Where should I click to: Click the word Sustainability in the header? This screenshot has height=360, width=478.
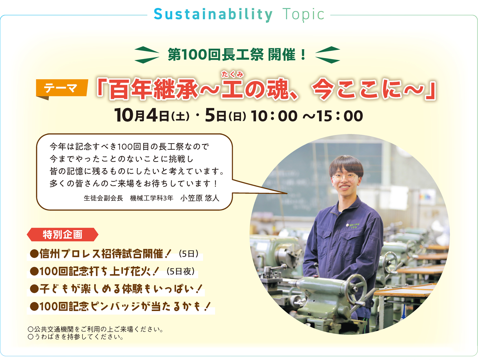tap(213, 14)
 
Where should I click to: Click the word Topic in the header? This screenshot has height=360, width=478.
tap(303, 14)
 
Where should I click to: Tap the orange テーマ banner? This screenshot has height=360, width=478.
tap(62, 89)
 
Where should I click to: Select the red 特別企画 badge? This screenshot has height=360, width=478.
tap(62, 234)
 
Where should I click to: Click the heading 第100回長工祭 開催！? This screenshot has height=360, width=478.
tap(237, 55)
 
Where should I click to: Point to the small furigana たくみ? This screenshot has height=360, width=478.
tap(232, 74)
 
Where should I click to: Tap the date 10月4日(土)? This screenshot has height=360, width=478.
tap(152, 116)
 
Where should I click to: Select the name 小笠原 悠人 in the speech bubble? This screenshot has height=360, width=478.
tap(200, 198)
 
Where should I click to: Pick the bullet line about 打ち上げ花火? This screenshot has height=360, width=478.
tap(112, 272)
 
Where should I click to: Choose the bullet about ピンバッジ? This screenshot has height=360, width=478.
tap(120, 306)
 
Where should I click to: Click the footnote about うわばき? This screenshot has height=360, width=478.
tap(76, 337)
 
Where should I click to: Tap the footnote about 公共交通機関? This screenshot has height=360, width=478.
tap(96, 329)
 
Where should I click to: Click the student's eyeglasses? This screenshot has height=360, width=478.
tap(345, 178)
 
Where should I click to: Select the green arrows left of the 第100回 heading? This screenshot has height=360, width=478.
tap(147, 55)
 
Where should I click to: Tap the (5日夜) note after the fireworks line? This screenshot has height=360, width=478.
tap(180, 272)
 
